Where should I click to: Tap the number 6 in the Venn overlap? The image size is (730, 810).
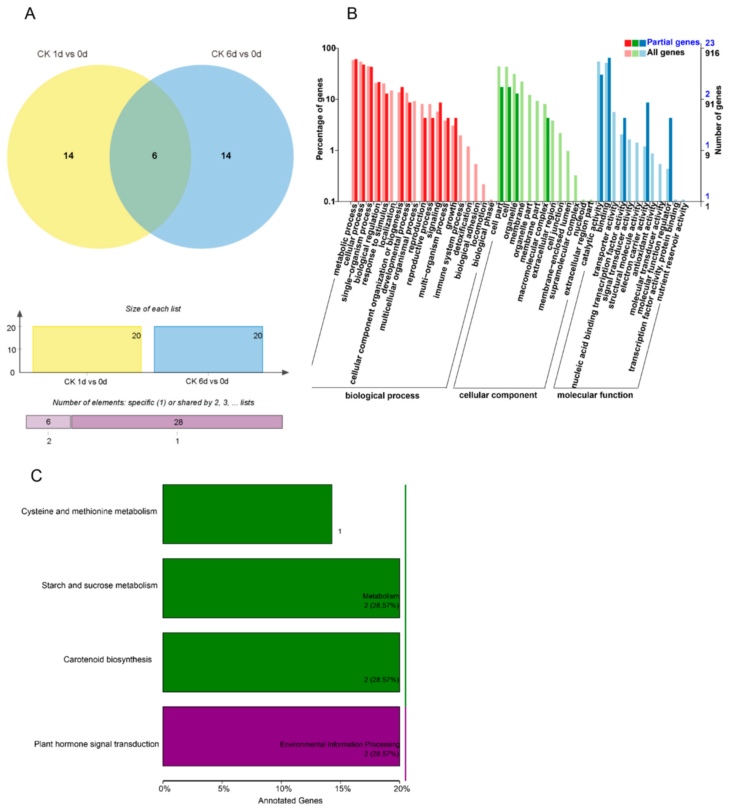154,155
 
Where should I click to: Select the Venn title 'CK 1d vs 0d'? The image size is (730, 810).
62,54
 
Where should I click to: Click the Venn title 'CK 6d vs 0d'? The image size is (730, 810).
236,54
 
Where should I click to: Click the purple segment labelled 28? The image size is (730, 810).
177,422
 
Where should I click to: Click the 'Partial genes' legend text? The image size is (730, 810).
673,42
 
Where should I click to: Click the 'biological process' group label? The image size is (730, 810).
382,396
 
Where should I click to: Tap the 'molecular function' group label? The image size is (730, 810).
595,395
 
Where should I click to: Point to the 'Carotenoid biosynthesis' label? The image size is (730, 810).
108,659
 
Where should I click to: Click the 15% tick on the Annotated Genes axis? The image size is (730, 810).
342,789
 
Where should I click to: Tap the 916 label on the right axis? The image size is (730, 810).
712,53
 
